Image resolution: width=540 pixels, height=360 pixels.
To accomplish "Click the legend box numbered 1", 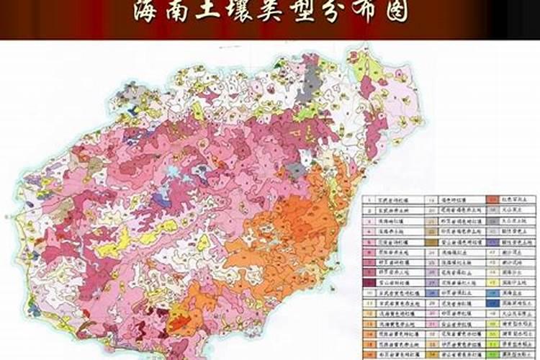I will (369, 200).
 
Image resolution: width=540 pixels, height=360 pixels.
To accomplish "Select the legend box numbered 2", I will (369, 211).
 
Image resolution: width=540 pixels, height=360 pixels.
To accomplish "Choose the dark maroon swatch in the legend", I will (369, 283).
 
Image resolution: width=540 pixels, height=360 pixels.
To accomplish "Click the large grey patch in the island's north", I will (311, 75).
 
